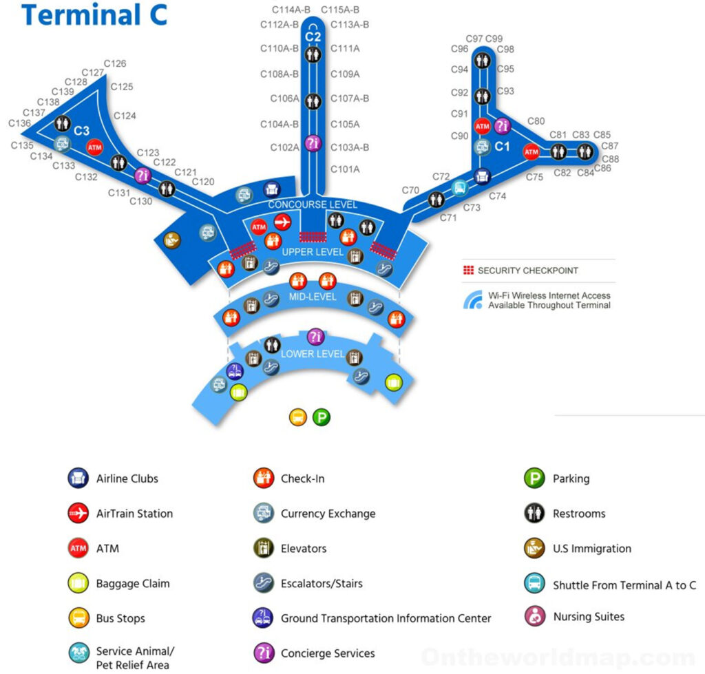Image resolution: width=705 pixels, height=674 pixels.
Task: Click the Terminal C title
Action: (x=94, y=14)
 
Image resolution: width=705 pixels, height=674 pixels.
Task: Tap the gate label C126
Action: (x=115, y=63)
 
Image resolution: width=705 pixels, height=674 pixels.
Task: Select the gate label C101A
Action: (x=345, y=169)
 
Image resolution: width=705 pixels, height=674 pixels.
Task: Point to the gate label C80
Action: (x=536, y=121)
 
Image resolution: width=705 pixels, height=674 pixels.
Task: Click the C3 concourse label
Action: (x=82, y=130)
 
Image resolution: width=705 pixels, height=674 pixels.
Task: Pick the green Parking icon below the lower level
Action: (x=321, y=417)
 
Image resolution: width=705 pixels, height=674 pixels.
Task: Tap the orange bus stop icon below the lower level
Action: (x=297, y=417)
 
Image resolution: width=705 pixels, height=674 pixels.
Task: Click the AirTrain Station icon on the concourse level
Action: (x=282, y=222)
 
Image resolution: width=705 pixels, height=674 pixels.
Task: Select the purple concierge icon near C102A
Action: (x=313, y=143)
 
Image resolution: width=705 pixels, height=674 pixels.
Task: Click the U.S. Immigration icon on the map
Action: (x=172, y=240)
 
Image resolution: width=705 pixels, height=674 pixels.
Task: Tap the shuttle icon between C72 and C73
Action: (x=459, y=187)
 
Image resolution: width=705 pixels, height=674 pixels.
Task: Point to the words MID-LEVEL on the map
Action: (x=313, y=297)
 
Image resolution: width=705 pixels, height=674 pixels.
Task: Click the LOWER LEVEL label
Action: (x=313, y=354)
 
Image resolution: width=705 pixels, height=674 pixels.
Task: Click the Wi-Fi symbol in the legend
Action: (x=473, y=300)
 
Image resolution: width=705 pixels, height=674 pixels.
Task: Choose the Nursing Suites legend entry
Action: (x=589, y=617)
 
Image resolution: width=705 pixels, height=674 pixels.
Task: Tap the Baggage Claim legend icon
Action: (x=78, y=583)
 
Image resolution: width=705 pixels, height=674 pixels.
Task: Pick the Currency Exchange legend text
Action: (x=328, y=514)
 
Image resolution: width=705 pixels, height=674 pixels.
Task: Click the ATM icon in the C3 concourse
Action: (x=94, y=147)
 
